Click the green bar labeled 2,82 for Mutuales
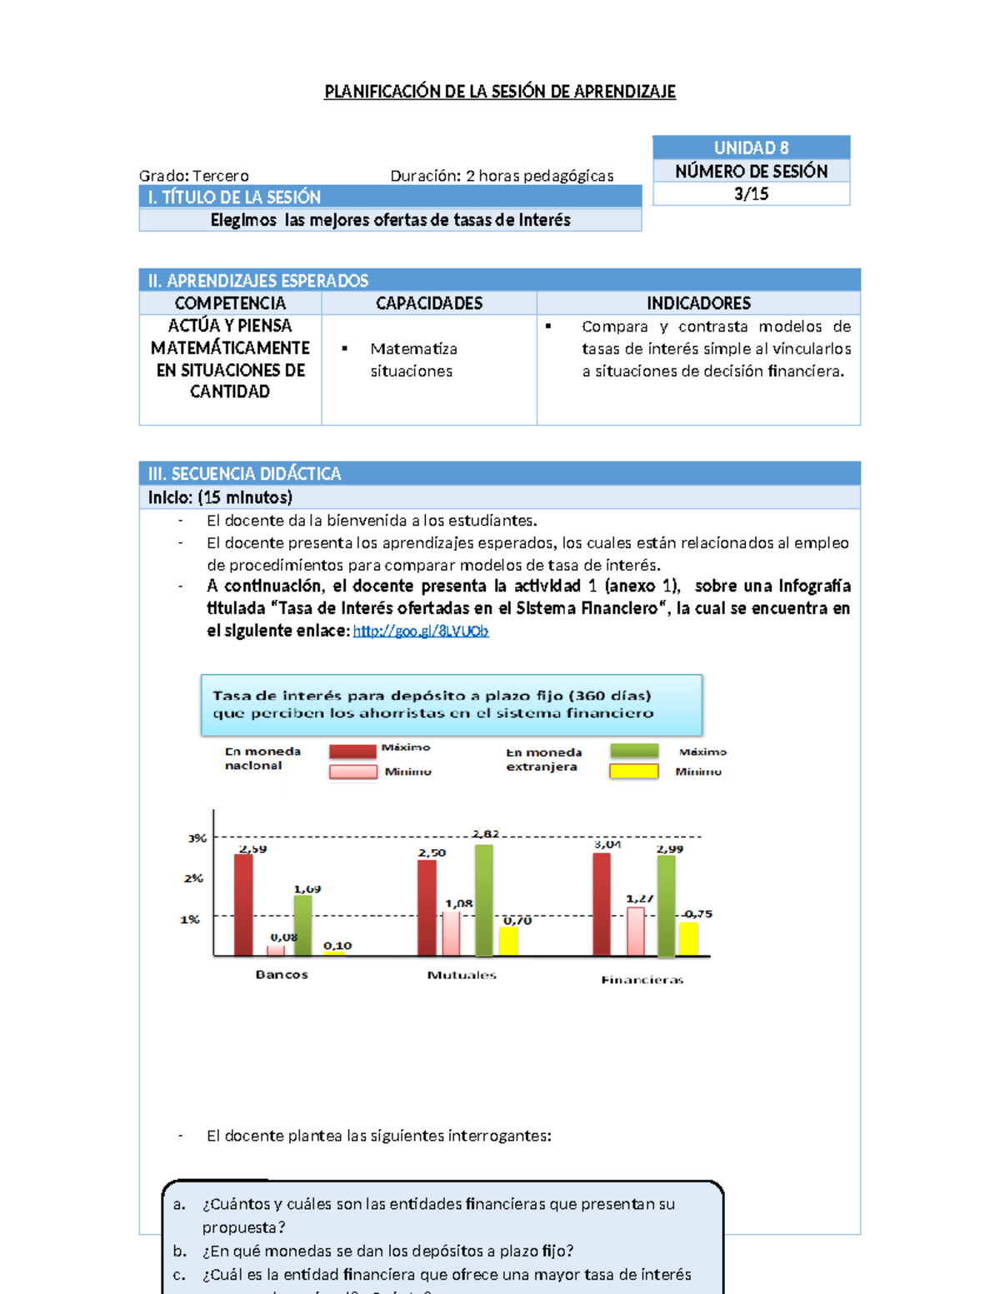[x=483, y=900]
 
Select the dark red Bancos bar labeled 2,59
[x=243, y=905]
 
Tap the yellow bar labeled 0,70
[x=508, y=941]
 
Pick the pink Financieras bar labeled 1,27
[x=636, y=931]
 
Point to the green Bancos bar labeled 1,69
[x=303, y=925]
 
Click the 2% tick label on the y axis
[x=193, y=878]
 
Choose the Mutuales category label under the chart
[x=462, y=975]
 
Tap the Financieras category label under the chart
[x=642, y=980]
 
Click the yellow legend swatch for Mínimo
[x=634, y=772]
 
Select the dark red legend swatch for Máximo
[x=352, y=750]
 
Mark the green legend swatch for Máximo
[x=634, y=751]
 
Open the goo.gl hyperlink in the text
[x=421, y=631]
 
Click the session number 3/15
[x=751, y=194]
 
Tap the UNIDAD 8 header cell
[x=751, y=147]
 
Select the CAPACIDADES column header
[x=429, y=303]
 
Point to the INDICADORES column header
[x=698, y=303]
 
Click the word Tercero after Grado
[x=221, y=176]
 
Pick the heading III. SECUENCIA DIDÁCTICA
[x=245, y=474]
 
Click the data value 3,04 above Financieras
[x=607, y=844]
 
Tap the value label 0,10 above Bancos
[x=337, y=946]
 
